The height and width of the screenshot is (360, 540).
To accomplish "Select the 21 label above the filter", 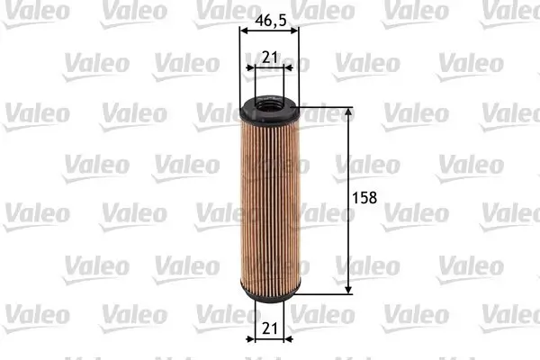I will (268, 57).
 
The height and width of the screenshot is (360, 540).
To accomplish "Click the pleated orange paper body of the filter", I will (269, 207).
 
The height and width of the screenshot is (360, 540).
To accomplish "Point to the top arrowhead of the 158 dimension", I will (348, 112).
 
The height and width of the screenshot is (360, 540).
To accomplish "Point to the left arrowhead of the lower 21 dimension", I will (253, 339).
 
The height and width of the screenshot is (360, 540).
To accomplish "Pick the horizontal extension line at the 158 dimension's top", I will (324, 106).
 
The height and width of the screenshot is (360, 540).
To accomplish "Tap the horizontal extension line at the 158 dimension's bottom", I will (324, 293).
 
